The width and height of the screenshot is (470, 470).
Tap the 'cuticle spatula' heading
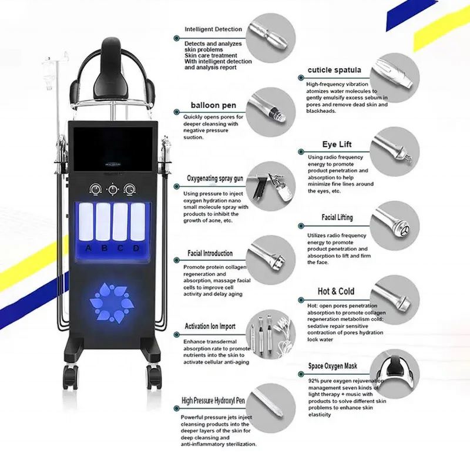click(334, 70)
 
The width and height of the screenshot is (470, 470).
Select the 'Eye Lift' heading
click(337, 145)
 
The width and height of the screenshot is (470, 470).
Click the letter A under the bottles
click(88, 247)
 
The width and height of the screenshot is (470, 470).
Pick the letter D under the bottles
click(136, 247)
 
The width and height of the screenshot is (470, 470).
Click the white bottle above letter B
click(104, 222)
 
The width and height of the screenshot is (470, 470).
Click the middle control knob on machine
click(112, 189)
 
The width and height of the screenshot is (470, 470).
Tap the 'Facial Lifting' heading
click(337, 217)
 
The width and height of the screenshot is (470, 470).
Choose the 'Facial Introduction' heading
click(210, 253)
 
